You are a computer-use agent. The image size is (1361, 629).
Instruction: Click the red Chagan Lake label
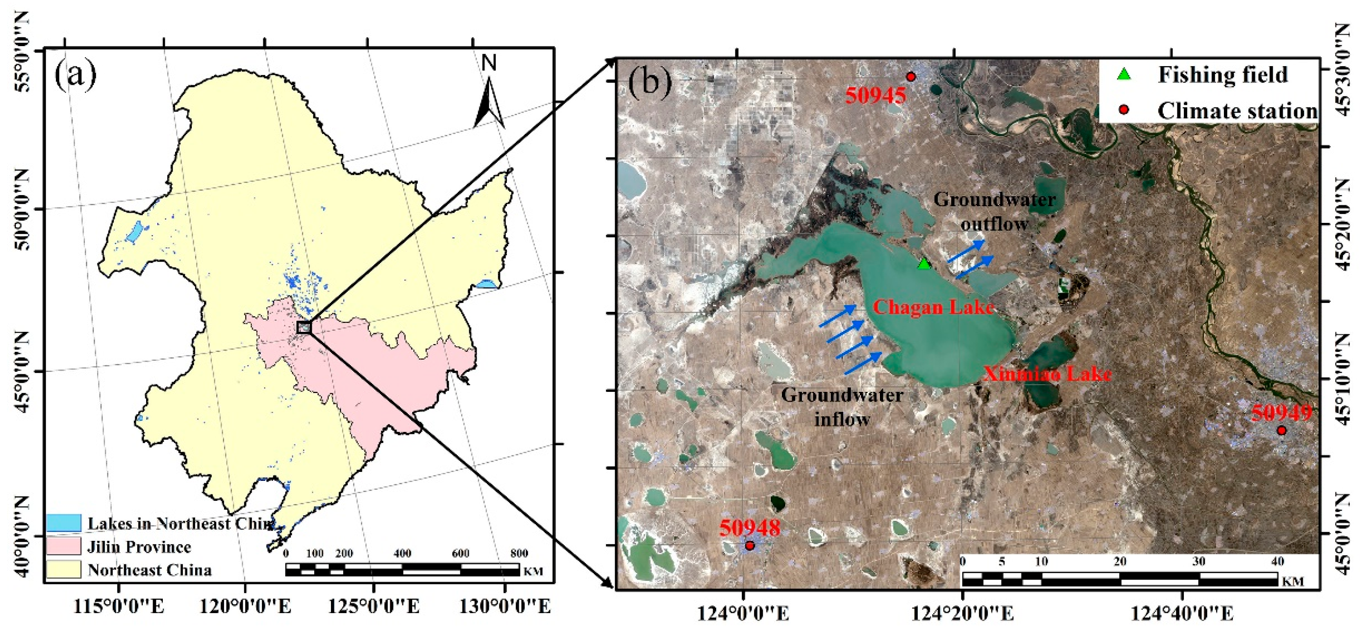(x=933, y=307)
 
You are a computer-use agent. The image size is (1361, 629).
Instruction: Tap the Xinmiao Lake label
(x=1047, y=374)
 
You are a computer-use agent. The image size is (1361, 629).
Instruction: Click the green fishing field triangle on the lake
(x=924, y=263)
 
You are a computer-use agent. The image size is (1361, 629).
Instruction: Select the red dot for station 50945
(x=911, y=77)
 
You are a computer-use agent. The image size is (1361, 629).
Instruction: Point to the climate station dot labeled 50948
(x=750, y=545)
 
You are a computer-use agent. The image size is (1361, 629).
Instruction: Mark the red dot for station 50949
(x=1281, y=430)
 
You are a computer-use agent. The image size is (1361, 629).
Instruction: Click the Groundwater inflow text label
(x=841, y=407)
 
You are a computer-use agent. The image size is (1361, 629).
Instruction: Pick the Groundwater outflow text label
(x=995, y=211)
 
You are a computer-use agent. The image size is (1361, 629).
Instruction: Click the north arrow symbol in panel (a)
(x=489, y=100)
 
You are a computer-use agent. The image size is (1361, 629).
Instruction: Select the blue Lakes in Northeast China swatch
(x=63, y=523)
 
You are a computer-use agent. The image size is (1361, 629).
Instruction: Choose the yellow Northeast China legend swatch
(x=63, y=569)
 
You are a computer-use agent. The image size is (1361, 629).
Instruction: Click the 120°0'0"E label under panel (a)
(x=245, y=606)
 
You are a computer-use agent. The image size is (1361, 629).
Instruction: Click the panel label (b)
(x=650, y=82)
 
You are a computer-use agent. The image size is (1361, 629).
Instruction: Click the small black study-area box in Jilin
(x=304, y=327)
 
